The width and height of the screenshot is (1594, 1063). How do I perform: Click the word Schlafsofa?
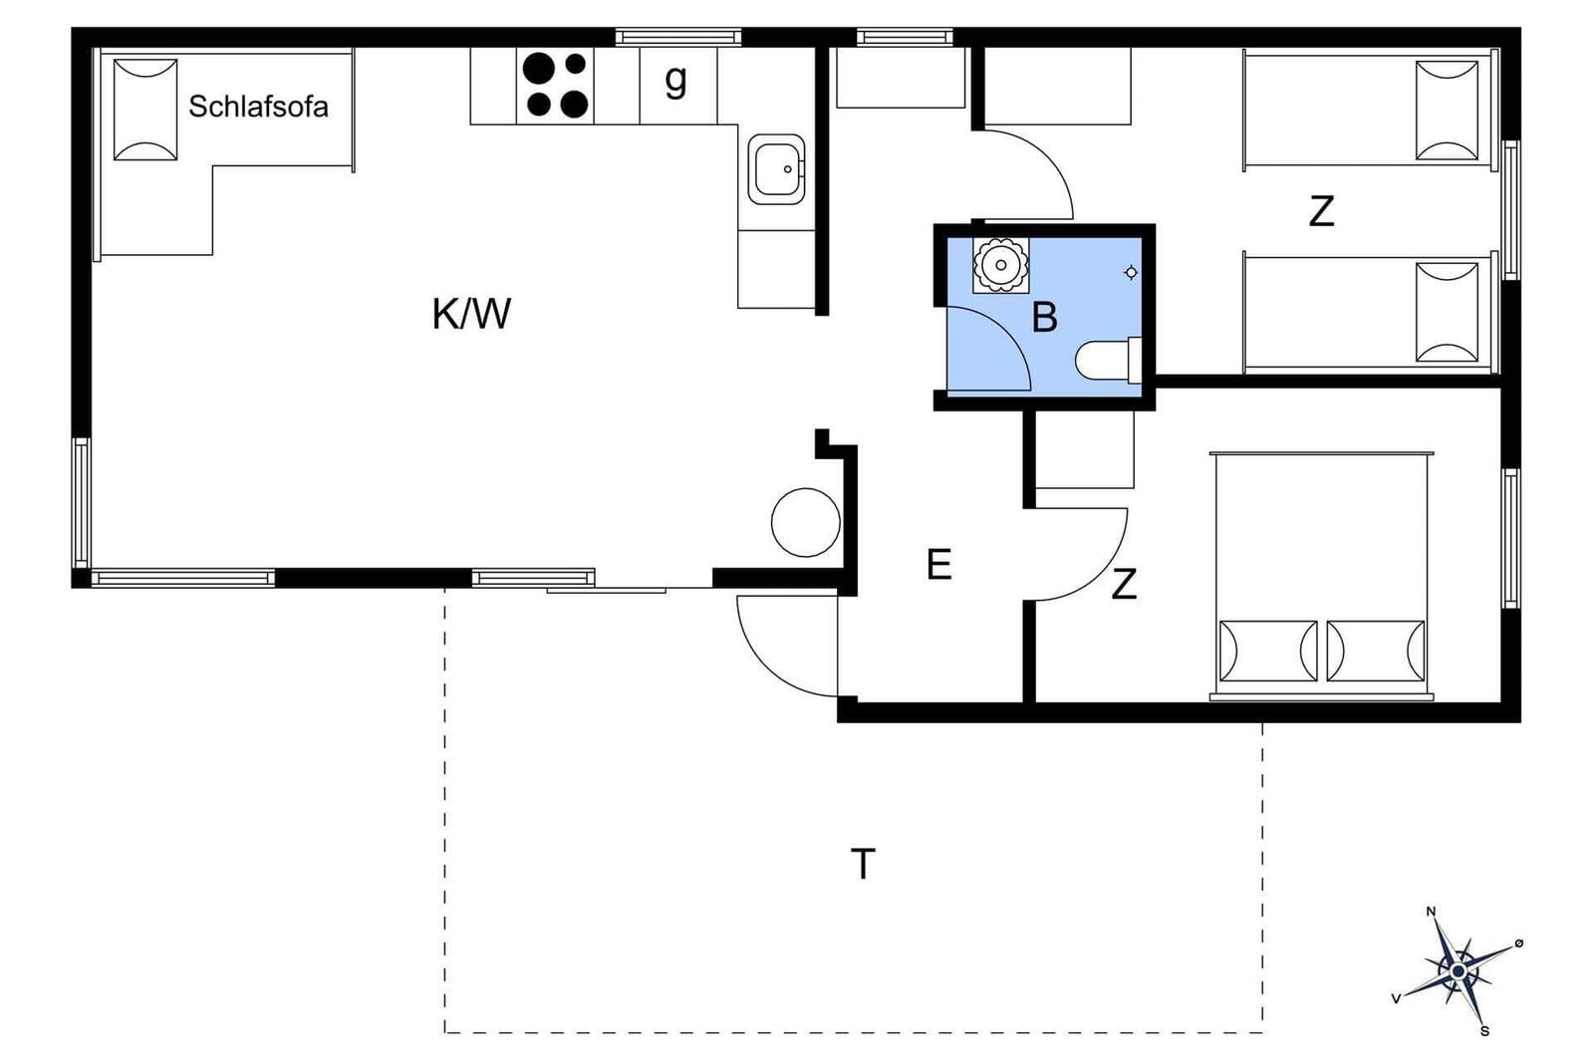click(258, 107)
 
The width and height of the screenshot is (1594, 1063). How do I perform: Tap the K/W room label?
click(472, 314)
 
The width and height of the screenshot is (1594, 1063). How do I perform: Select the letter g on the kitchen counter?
click(676, 81)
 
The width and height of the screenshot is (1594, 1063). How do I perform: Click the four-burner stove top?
click(555, 86)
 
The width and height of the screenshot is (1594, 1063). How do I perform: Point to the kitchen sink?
click(776, 169)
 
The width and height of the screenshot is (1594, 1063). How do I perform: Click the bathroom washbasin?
click(1000, 265)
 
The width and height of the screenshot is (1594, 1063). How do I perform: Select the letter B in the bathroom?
click(1044, 318)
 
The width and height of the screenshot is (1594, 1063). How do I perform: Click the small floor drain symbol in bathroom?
click(1130, 273)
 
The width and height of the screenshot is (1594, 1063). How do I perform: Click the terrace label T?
click(863, 864)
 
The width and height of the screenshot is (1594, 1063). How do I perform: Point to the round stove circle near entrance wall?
click(806, 522)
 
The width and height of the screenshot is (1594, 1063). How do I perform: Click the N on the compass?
click(1431, 913)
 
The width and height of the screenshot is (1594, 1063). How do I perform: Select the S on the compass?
click(1484, 1031)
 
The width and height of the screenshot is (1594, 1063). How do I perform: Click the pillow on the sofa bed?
click(145, 110)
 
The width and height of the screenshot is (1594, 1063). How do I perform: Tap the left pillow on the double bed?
click(1268, 651)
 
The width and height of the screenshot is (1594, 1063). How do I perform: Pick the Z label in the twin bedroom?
click(1321, 211)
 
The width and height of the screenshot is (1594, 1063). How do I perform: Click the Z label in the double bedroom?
click(1124, 584)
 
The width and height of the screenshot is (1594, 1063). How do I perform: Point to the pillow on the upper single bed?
click(1447, 111)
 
